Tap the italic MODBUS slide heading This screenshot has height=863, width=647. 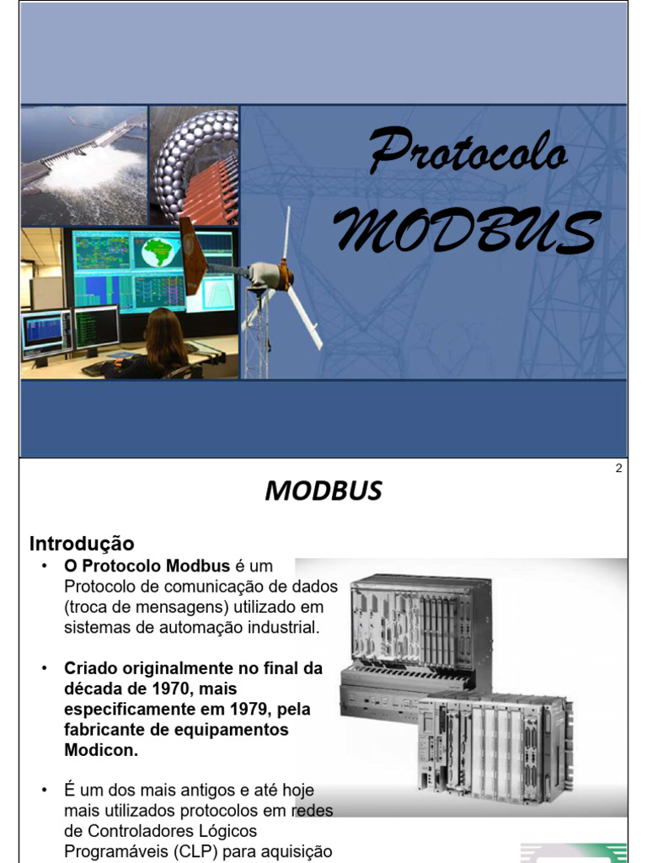click(x=323, y=490)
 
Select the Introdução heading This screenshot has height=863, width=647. click(x=82, y=544)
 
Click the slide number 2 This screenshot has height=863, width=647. click(x=618, y=469)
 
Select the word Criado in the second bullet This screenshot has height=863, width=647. click(x=91, y=668)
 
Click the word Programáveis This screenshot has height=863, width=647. click(x=115, y=850)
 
